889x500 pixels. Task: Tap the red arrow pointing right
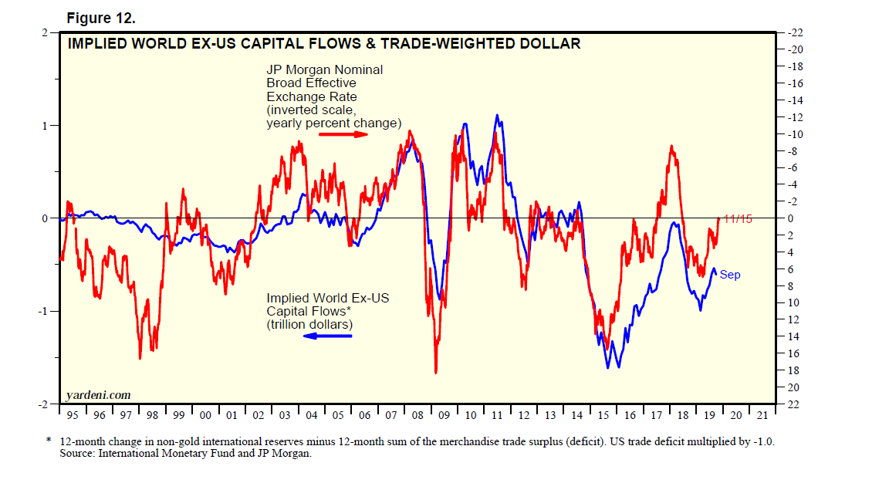coord(343,134)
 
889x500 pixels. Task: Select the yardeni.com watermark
coord(98,395)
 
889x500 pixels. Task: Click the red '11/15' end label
coord(738,218)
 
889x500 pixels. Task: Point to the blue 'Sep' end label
coord(730,275)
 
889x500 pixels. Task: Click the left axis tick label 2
coord(46,33)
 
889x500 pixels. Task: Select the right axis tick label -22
coord(793,33)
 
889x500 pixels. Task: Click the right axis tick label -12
coord(793,117)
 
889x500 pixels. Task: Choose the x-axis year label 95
coord(73,416)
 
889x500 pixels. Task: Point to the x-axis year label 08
coord(417,416)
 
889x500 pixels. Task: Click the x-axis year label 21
coord(762,416)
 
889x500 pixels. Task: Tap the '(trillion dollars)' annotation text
coord(309,325)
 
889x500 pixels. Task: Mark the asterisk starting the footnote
coord(48,441)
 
